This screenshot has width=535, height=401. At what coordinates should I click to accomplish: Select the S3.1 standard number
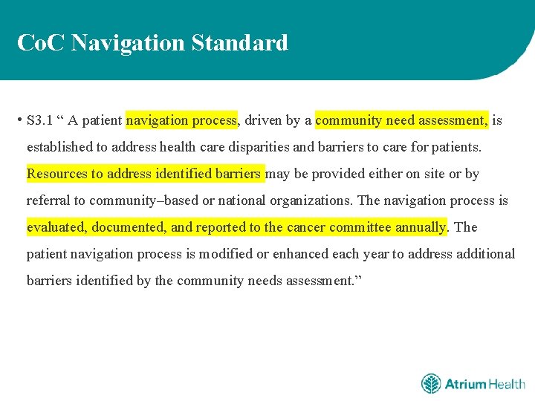pyautogui.click(x=38, y=120)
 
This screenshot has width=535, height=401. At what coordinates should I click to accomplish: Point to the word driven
pyautogui.click(x=264, y=120)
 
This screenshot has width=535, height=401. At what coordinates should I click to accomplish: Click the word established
pyautogui.click(x=60, y=147)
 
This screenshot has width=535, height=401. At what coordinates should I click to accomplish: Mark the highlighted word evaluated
pyautogui.click(x=56, y=227)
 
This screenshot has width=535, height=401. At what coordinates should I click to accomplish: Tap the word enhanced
pyautogui.click(x=302, y=254)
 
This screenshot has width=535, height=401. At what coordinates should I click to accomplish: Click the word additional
pyautogui.click(x=484, y=254)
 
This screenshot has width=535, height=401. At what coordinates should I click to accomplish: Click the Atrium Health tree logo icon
pyautogui.click(x=431, y=384)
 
